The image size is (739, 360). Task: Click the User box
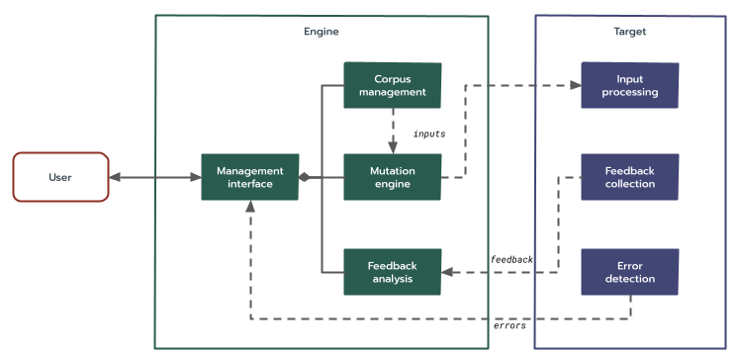(60, 177)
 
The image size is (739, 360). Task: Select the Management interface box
(250, 177)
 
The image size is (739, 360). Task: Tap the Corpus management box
(392, 86)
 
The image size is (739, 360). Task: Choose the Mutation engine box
(392, 177)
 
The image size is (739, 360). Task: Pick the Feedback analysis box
(392, 272)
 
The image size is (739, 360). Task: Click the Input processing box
(629, 86)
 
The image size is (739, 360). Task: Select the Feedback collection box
(629, 177)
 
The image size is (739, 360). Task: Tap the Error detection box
(629, 272)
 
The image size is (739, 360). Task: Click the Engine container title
(321, 32)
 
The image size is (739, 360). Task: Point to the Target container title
(629, 32)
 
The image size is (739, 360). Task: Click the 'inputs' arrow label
(428, 133)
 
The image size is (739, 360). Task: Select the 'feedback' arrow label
(511, 259)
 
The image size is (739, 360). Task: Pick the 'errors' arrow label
(509, 325)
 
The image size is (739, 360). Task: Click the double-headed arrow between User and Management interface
(154, 178)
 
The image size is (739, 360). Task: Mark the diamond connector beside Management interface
(306, 178)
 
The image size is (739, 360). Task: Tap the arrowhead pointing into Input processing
(574, 86)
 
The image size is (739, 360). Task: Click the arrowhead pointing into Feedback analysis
(447, 272)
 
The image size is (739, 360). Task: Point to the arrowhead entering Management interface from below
(250, 207)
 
